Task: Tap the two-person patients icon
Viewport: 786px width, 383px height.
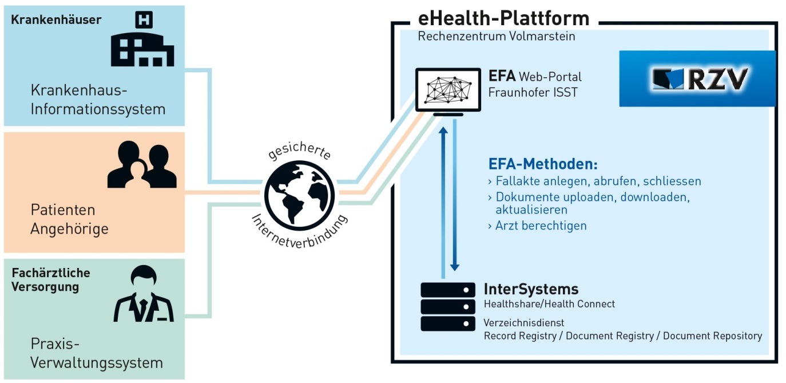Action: click(141, 165)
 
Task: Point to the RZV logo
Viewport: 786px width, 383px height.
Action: click(697, 78)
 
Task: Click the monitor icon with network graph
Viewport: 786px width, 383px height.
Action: click(448, 90)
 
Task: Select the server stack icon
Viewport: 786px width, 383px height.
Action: click(448, 306)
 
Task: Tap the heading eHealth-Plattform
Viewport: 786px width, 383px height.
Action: click(503, 18)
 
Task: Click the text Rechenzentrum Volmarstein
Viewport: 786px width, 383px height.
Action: click(497, 36)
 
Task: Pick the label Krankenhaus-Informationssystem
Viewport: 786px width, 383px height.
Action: click(98, 100)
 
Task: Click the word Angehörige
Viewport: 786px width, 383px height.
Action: click(69, 229)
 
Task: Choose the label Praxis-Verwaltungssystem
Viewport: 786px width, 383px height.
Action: click(97, 353)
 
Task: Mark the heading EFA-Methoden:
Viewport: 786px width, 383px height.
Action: click(543, 164)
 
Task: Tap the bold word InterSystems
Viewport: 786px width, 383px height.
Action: click(531, 289)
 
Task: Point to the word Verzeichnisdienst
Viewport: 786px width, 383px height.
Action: click(523, 323)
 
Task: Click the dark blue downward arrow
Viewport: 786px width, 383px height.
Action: click(455, 195)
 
